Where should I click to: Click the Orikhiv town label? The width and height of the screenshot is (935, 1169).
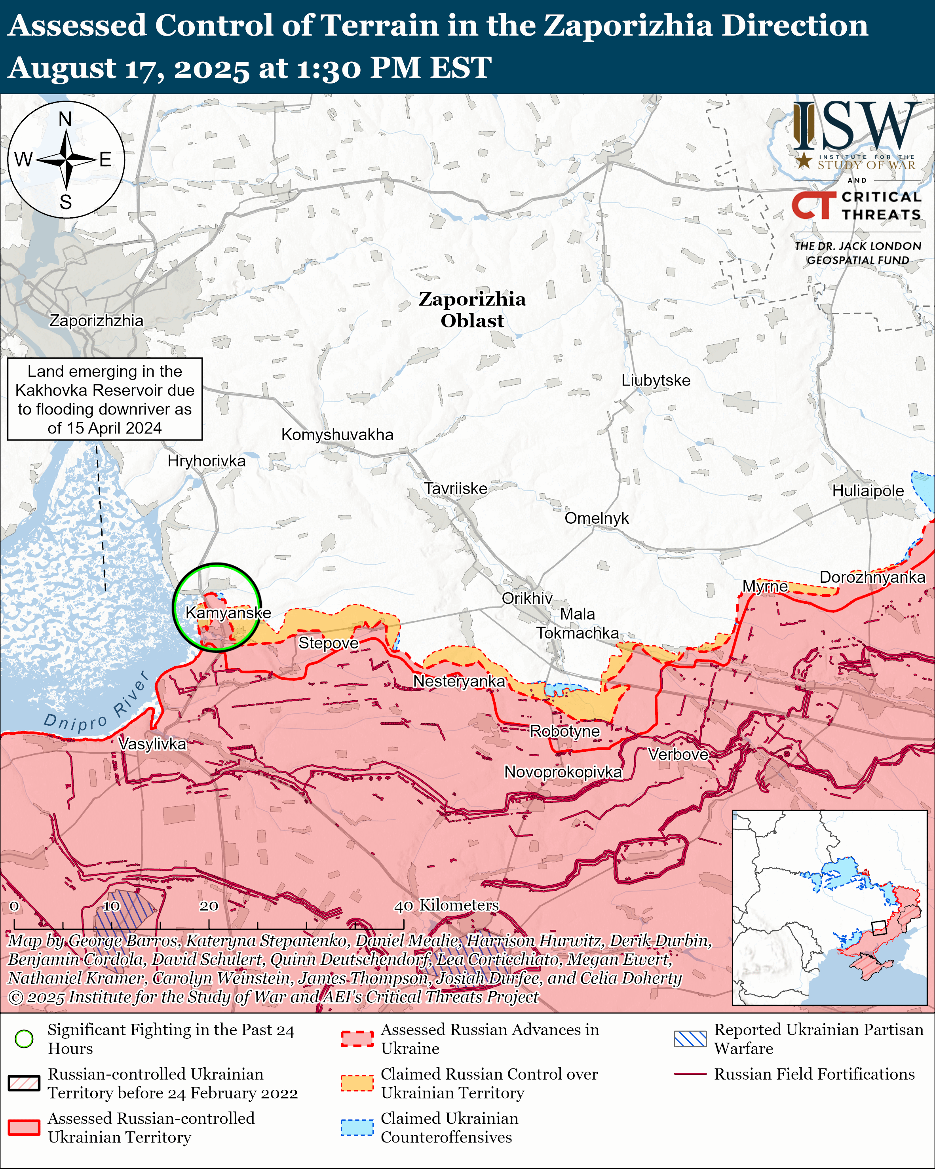tap(527, 598)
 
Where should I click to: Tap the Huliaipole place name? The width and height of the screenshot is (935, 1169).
tap(868, 491)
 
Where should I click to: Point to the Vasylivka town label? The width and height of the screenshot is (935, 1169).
tap(152, 743)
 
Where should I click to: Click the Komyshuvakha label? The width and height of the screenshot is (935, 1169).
tap(337, 434)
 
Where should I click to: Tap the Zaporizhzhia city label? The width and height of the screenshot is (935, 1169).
tap(97, 320)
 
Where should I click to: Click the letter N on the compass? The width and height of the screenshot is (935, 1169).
tap(65, 119)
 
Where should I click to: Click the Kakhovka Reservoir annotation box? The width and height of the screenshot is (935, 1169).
tap(105, 399)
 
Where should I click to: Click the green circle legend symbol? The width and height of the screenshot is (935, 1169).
tap(24, 1038)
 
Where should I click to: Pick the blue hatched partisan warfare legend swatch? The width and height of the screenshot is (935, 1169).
tap(690, 1038)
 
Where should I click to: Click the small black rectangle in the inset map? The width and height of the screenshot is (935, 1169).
tap(879, 928)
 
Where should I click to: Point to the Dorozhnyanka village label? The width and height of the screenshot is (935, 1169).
tap(872, 577)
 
